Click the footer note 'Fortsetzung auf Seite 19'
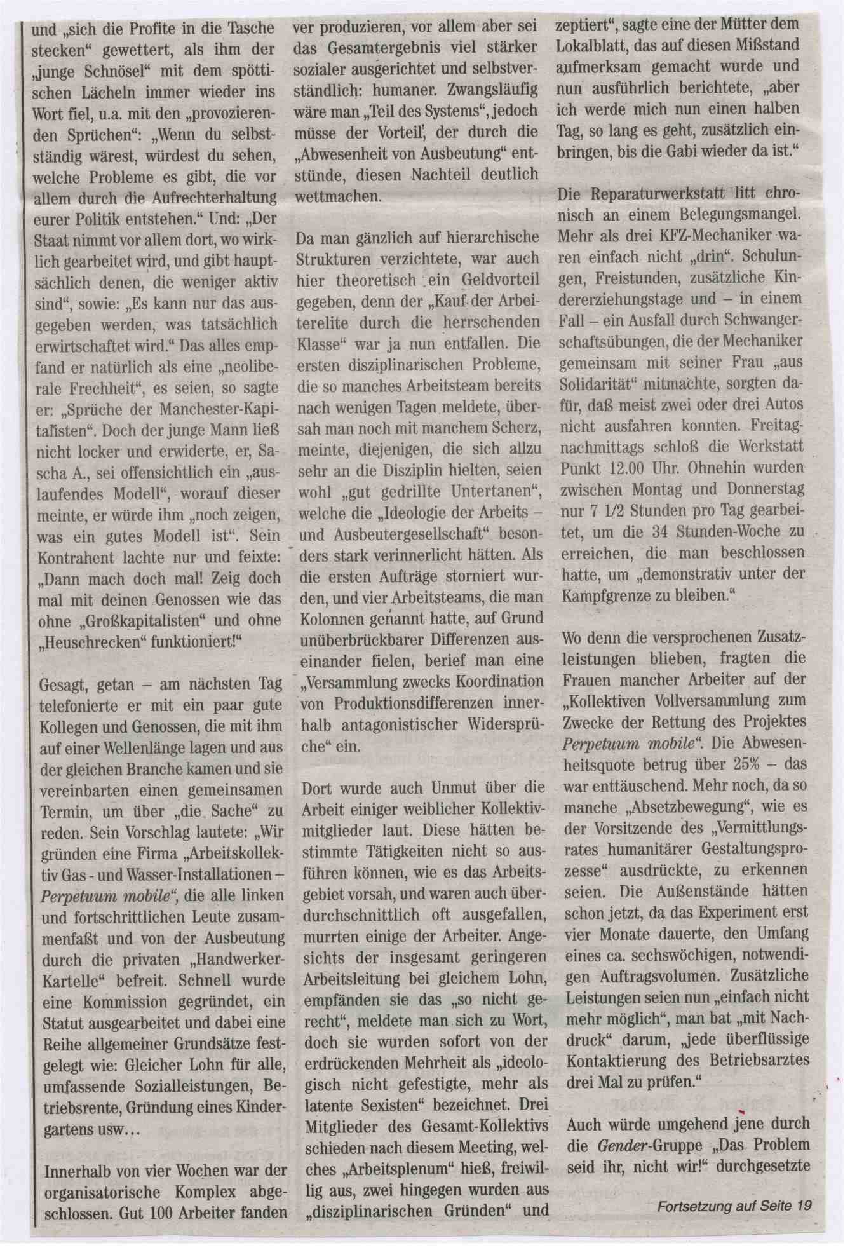(734, 1205)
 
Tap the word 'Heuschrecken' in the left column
(88, 641)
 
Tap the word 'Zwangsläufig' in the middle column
(492, 89)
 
